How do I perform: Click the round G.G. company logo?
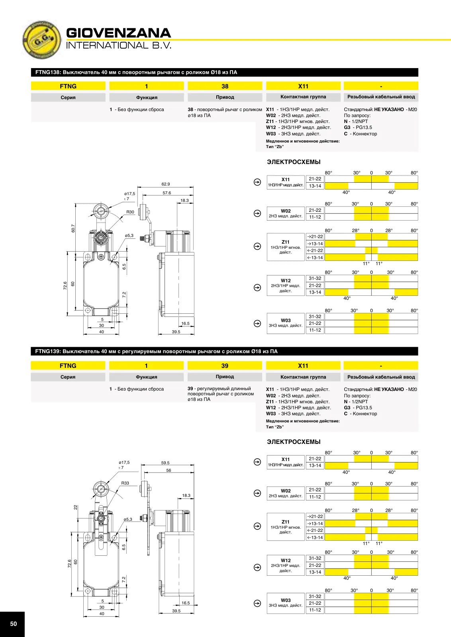point(41,40)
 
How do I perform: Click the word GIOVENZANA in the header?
point(118,33)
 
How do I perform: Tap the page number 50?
point(14,623)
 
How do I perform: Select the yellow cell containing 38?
point(225,86)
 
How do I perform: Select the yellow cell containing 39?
point(225,365)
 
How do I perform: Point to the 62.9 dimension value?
point(166,184)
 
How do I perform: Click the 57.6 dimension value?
point(167,193)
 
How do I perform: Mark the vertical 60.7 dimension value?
point(73,229)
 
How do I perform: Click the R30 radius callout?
point(130,212)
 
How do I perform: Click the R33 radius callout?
point(125,483)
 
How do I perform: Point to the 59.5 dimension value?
point(165,463)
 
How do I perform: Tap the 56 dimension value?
point(169,470)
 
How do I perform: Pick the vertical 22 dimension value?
point(75,507)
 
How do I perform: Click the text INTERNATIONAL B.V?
point(119,45)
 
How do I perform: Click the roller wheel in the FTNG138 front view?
point(101,211)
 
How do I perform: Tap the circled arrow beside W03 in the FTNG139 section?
point(257,603)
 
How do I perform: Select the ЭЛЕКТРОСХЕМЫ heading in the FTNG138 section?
point(294,162)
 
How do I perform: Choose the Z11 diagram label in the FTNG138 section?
point(286,242)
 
